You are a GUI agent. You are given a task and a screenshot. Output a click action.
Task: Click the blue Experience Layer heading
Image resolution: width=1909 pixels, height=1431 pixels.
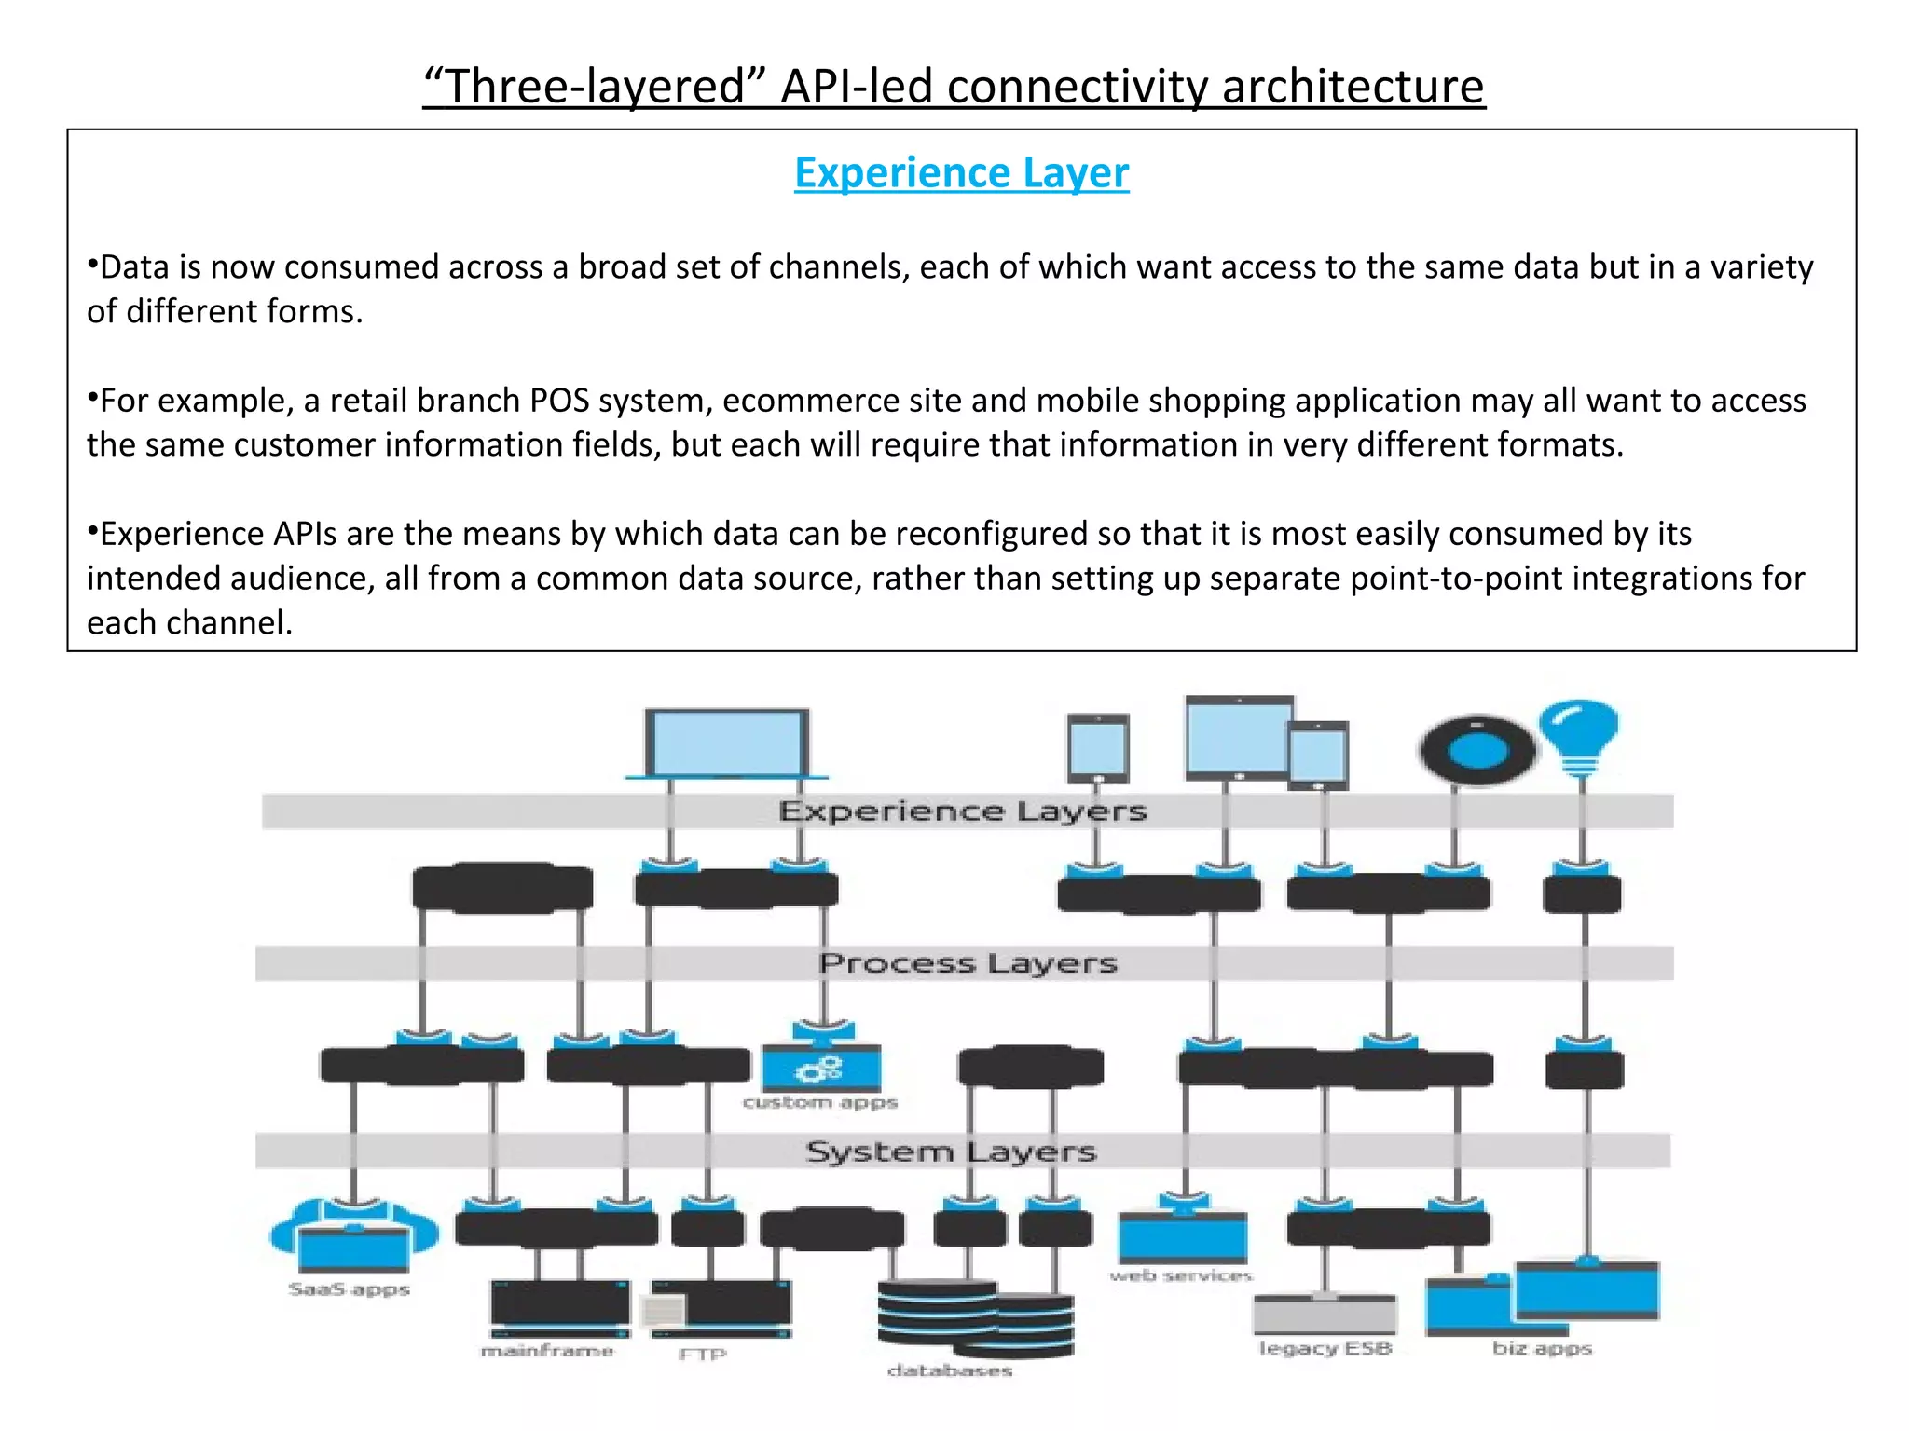point(961,173)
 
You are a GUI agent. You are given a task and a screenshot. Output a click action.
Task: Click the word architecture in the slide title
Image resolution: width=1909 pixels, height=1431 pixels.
point(1353,87)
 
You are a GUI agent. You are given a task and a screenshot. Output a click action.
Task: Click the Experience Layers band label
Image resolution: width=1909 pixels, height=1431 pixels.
point(962,811)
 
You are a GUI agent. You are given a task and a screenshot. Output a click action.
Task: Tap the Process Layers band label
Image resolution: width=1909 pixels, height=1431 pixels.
point(968,962)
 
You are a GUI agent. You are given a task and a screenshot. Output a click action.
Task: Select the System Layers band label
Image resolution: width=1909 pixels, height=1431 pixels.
point(951,1152)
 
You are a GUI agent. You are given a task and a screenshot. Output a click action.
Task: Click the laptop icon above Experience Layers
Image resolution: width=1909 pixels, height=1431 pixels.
point(727,743)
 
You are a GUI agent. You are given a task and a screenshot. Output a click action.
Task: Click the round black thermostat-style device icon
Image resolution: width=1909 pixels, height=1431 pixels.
point(1476,751)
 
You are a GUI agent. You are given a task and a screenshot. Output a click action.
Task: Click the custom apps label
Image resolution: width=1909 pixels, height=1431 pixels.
point(820,1103)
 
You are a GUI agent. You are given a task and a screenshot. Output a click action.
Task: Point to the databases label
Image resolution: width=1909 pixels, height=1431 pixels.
point(949,1370)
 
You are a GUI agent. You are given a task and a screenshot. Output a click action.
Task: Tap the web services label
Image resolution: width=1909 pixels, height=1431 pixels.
point(1181,1275)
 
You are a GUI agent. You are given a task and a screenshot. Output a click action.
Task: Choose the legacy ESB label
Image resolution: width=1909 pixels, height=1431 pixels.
point(1325,1348)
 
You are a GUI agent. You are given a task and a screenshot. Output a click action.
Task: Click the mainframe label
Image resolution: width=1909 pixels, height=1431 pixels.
point(547,1351)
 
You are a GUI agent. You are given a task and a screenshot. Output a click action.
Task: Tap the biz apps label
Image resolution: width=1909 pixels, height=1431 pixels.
point(1542,1348)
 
